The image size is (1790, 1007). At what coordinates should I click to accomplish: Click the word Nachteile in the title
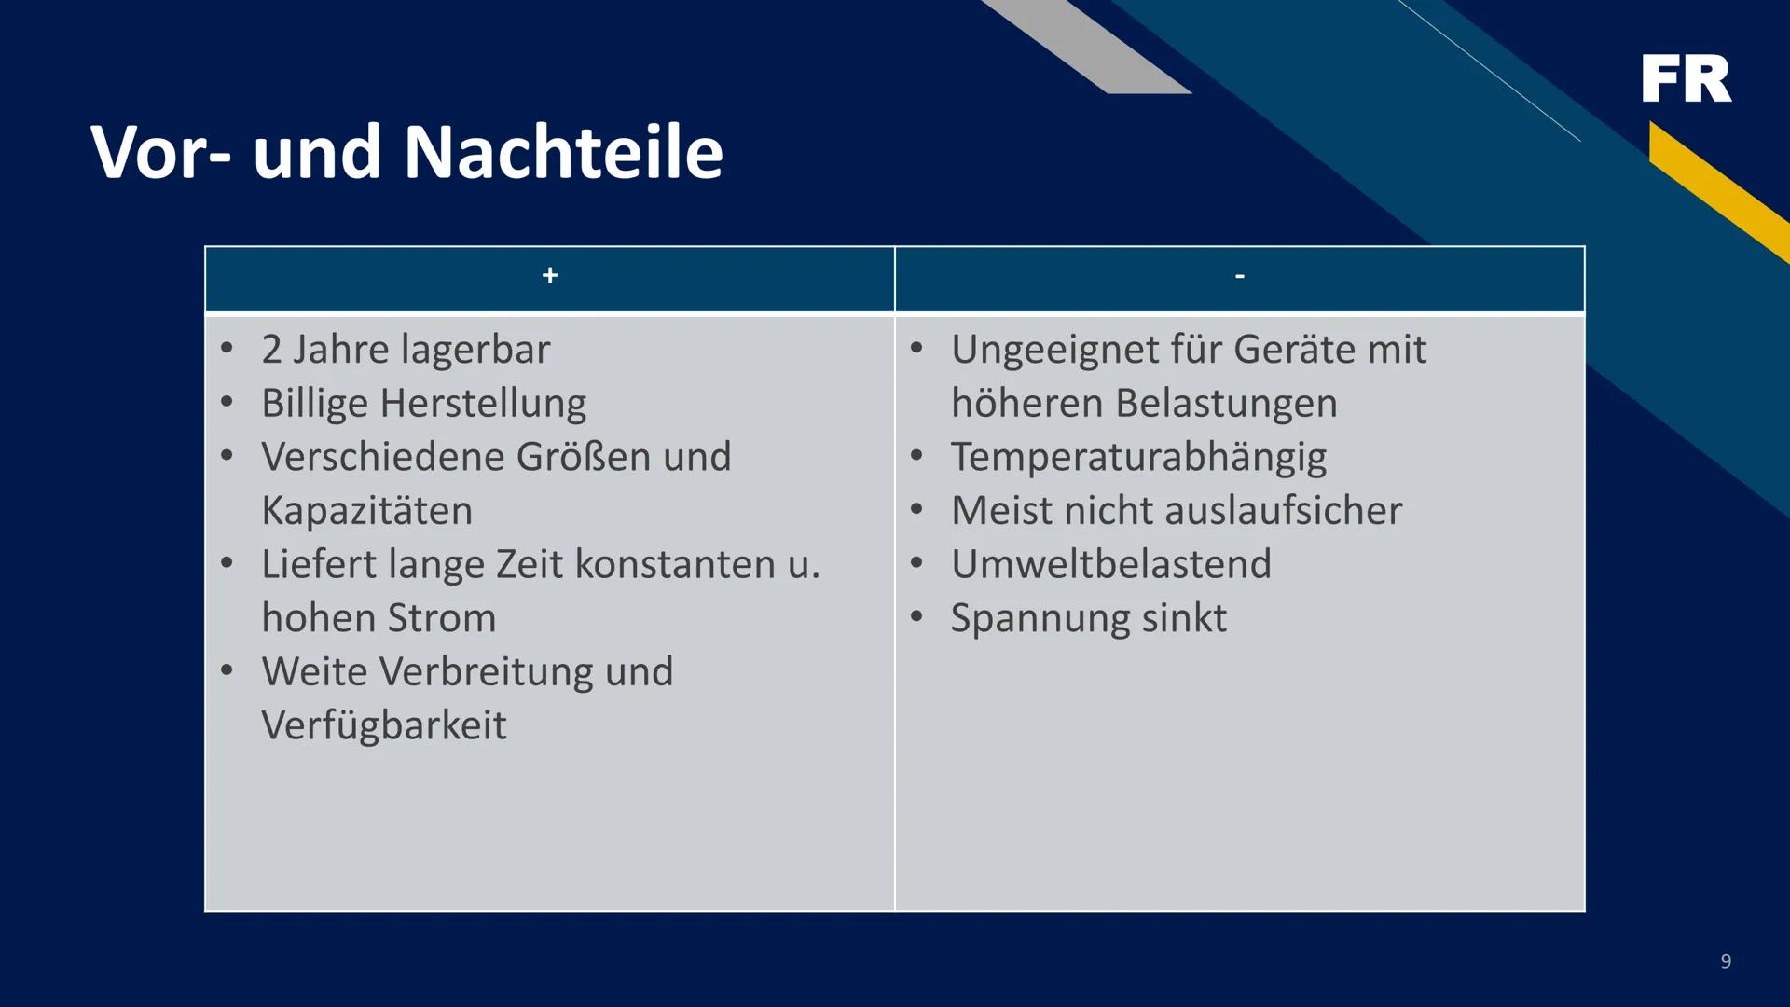[x=563, y=152]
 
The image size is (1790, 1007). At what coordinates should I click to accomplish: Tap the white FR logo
[x=1686, y=78]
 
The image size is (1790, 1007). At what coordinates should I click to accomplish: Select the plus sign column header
[x=550, y=276]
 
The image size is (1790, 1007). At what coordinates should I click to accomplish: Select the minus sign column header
[x=1239, y=276]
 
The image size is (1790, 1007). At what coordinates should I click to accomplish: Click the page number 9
[x=1726, y=961]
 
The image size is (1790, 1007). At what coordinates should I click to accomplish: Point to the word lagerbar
[x=476, y=351]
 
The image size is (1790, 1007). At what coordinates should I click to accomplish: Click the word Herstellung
[x=483, y=404]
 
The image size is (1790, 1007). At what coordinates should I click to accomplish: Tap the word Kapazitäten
[x=366, y=511]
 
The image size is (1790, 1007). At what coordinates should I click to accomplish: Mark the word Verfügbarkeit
[x=383, y=725]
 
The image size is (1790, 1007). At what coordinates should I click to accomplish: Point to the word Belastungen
[x=1226, y=404]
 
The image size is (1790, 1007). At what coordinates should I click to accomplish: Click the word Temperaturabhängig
[x=1138, y=458]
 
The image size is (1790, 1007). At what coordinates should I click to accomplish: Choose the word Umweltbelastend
[x=1110, y=564]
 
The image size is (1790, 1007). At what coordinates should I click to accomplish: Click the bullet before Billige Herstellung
[x=227, y=403]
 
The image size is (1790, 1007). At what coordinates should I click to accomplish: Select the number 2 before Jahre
[x=271, y=351]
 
